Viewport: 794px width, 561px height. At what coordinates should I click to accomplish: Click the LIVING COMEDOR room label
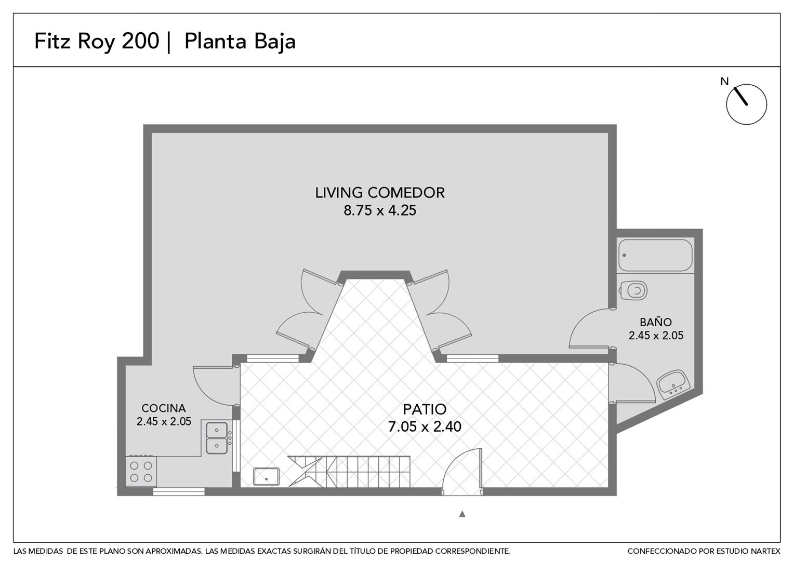tap(380, 193)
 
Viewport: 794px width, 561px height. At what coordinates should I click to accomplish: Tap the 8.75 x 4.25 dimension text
tap(380, 210)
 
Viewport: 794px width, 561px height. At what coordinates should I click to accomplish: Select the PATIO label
tap(425, 409)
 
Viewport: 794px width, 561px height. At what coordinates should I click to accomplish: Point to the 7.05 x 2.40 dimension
tap(425, 426)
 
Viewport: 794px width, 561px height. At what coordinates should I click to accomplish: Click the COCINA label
tap(163, 408)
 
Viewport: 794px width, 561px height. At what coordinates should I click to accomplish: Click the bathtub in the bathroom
tap(655, 256)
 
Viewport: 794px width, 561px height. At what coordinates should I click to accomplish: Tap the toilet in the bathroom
tap(633, 290)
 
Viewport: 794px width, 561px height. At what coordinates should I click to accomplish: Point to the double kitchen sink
tap(217, 438)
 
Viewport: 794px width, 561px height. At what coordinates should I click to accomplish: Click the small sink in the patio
tap(266, 476)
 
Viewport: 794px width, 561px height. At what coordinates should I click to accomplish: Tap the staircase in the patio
tap(349, 471)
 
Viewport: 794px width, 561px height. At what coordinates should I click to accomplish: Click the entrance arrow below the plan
tap(462, 514)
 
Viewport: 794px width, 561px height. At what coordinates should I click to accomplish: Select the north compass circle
tap(747, 104)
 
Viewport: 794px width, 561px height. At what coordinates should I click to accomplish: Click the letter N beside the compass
tap(724, 82)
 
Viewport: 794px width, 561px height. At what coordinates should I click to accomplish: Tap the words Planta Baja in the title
tap(240, 42)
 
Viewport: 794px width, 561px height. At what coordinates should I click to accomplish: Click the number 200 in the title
tap(140, 41)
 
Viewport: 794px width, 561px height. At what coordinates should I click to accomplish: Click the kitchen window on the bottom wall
tap(179, 491)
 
